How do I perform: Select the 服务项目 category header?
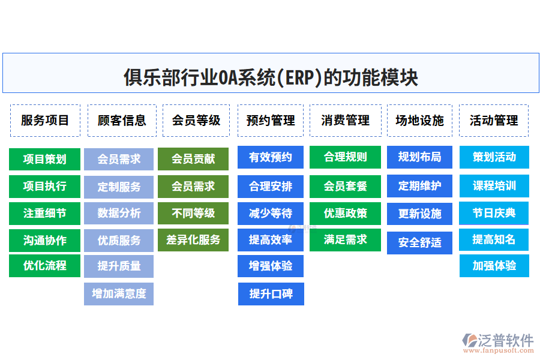(x=45, y=120)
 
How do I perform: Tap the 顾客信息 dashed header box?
(x=122, y=120)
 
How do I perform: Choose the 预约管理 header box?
(x=271, y=120)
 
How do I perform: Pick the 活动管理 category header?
(x=494, y=120)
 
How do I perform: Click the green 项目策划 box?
(x=44, y=159)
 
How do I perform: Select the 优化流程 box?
(x=44, y=265)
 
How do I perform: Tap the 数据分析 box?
(x=119, y=213)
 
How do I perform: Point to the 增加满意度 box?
(x=119, y=294)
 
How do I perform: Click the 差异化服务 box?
(x=193, y=239)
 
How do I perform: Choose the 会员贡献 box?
(x=193, y=159)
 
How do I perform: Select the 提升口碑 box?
(x=271, y=294)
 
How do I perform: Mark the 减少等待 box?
(x=271, y=213)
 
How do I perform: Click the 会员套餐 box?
(x=345, y=186)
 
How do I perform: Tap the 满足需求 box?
(x=345, y=239)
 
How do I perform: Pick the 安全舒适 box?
(x=419, y=242)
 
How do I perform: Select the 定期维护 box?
(x=419, y=186)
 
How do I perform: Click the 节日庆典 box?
(x=494, y=213)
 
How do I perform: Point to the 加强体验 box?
(x=494, y=265)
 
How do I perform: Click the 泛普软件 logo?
(x=498, y=343)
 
